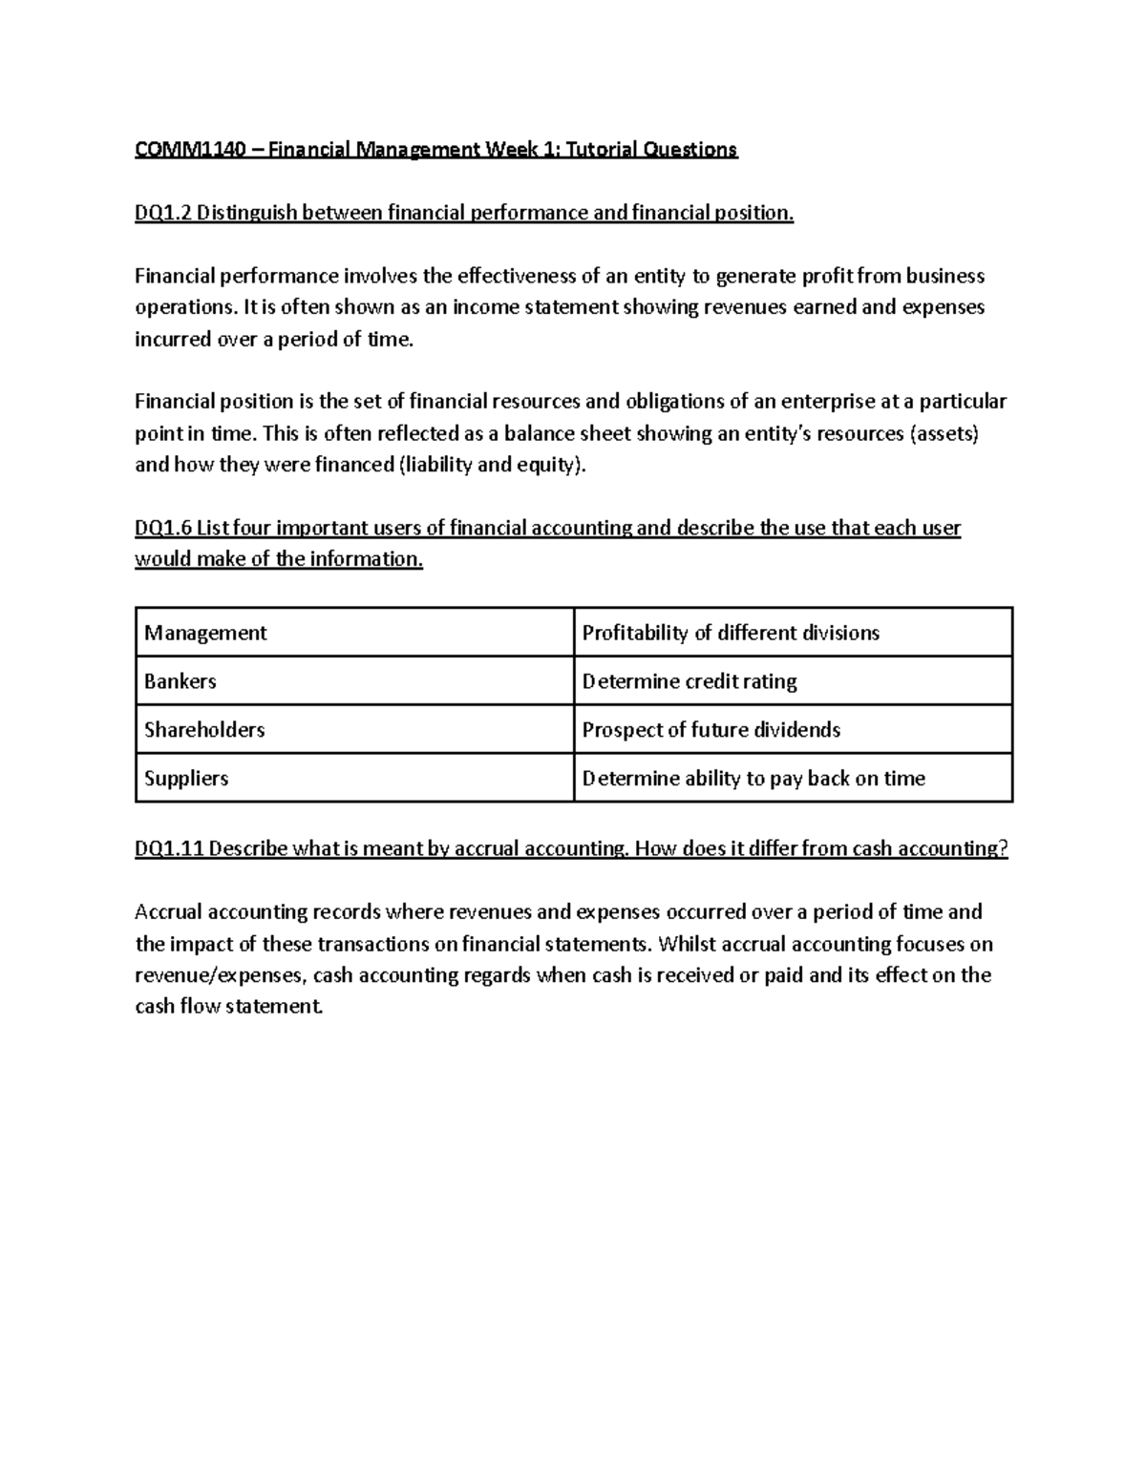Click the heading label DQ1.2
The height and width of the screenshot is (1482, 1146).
coord(163,213)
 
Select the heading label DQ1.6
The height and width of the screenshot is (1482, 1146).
coord(163,528)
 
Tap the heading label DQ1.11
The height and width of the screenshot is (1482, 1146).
coord(169,848)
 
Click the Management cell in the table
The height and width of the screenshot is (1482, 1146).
coord(205,633)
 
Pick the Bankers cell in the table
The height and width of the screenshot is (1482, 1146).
coord(180,681)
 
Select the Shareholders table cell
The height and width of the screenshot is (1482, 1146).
coord(204,730)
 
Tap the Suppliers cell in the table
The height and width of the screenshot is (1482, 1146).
coord(186,779)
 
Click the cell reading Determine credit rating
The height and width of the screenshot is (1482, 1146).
coord(690,681)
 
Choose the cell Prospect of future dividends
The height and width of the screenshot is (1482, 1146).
coord(711,730)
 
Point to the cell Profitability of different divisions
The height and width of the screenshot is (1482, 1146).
coord(731,633)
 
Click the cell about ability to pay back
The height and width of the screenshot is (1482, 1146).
coord(753,779)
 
